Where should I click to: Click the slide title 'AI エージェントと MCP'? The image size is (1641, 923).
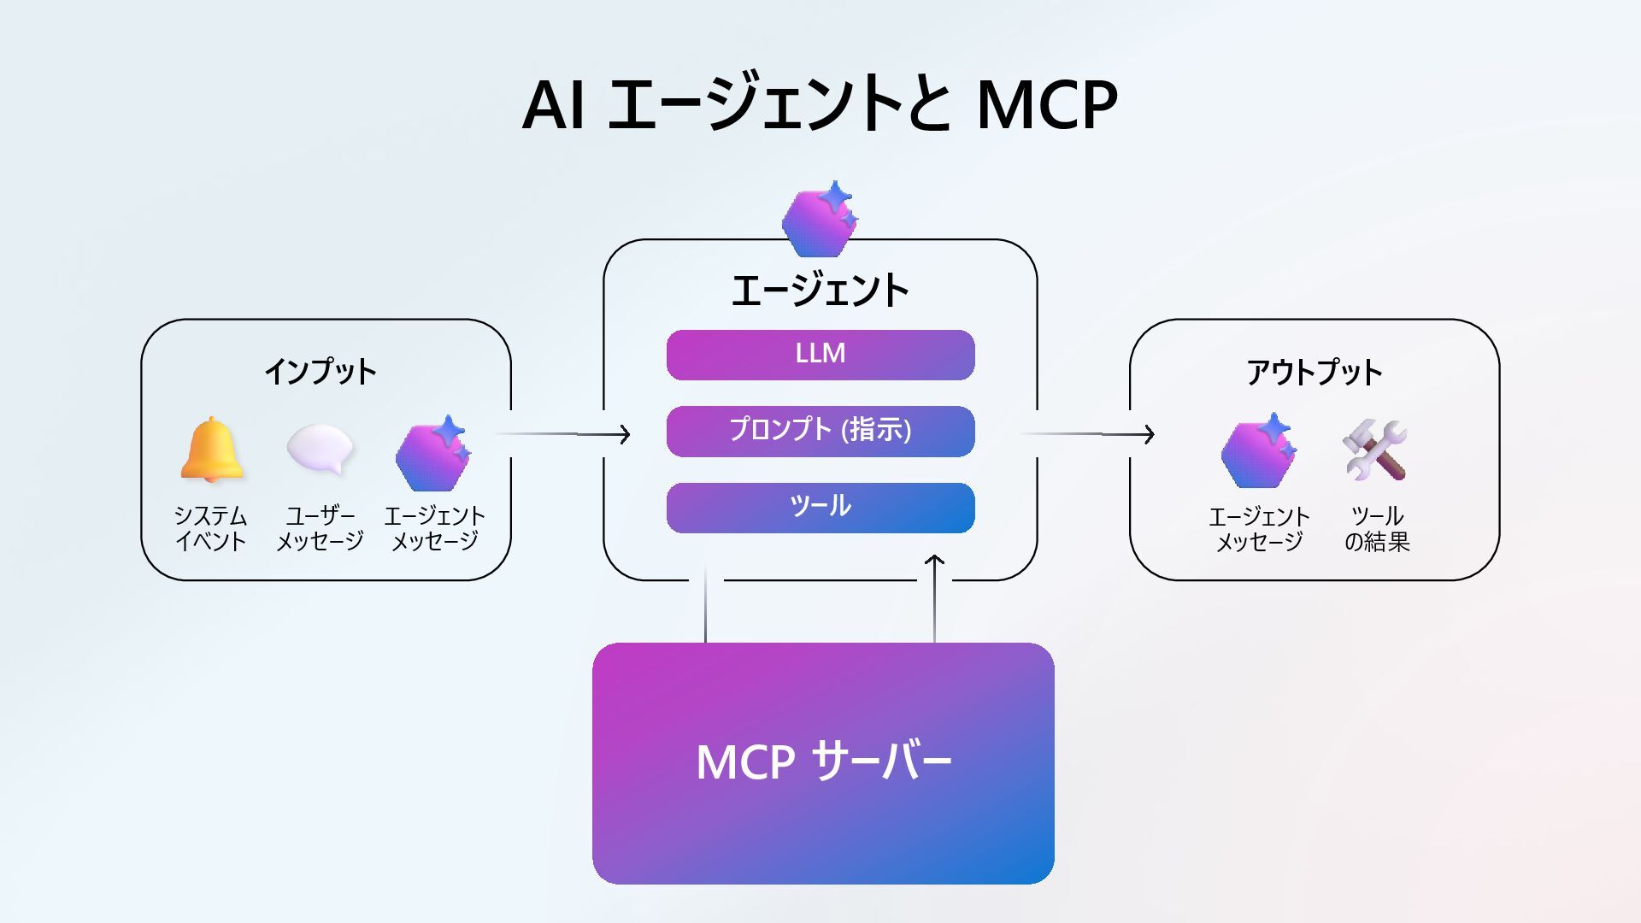tap(819, 104)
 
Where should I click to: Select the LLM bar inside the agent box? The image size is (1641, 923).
tap(820, 355)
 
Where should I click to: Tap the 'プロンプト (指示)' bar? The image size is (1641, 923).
tap(820, 431)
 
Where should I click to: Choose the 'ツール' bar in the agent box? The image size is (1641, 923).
tap(820, 508)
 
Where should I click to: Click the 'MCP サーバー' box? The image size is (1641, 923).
tap(823, 763)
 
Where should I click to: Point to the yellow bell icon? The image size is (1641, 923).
tap(211, 450)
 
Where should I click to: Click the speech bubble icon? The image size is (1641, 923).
tap(321, 450)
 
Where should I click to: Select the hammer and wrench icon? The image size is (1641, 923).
tap(1374, 450)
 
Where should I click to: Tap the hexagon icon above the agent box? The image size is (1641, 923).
tap(819, 220)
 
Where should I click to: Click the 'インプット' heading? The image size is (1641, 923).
tap(321, 372)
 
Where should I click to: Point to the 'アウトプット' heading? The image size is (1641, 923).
tap(1314, 373)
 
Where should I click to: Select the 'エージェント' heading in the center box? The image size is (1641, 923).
tap(820, 291)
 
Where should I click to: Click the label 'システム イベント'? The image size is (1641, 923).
tap(211, 528)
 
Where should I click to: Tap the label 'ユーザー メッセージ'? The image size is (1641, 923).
tap(321, 528)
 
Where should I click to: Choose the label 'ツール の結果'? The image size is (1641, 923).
tap(1376, 529)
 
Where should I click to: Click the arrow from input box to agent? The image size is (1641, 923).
tap(564, 434)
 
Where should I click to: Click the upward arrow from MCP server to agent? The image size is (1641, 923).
tap(934, 598)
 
